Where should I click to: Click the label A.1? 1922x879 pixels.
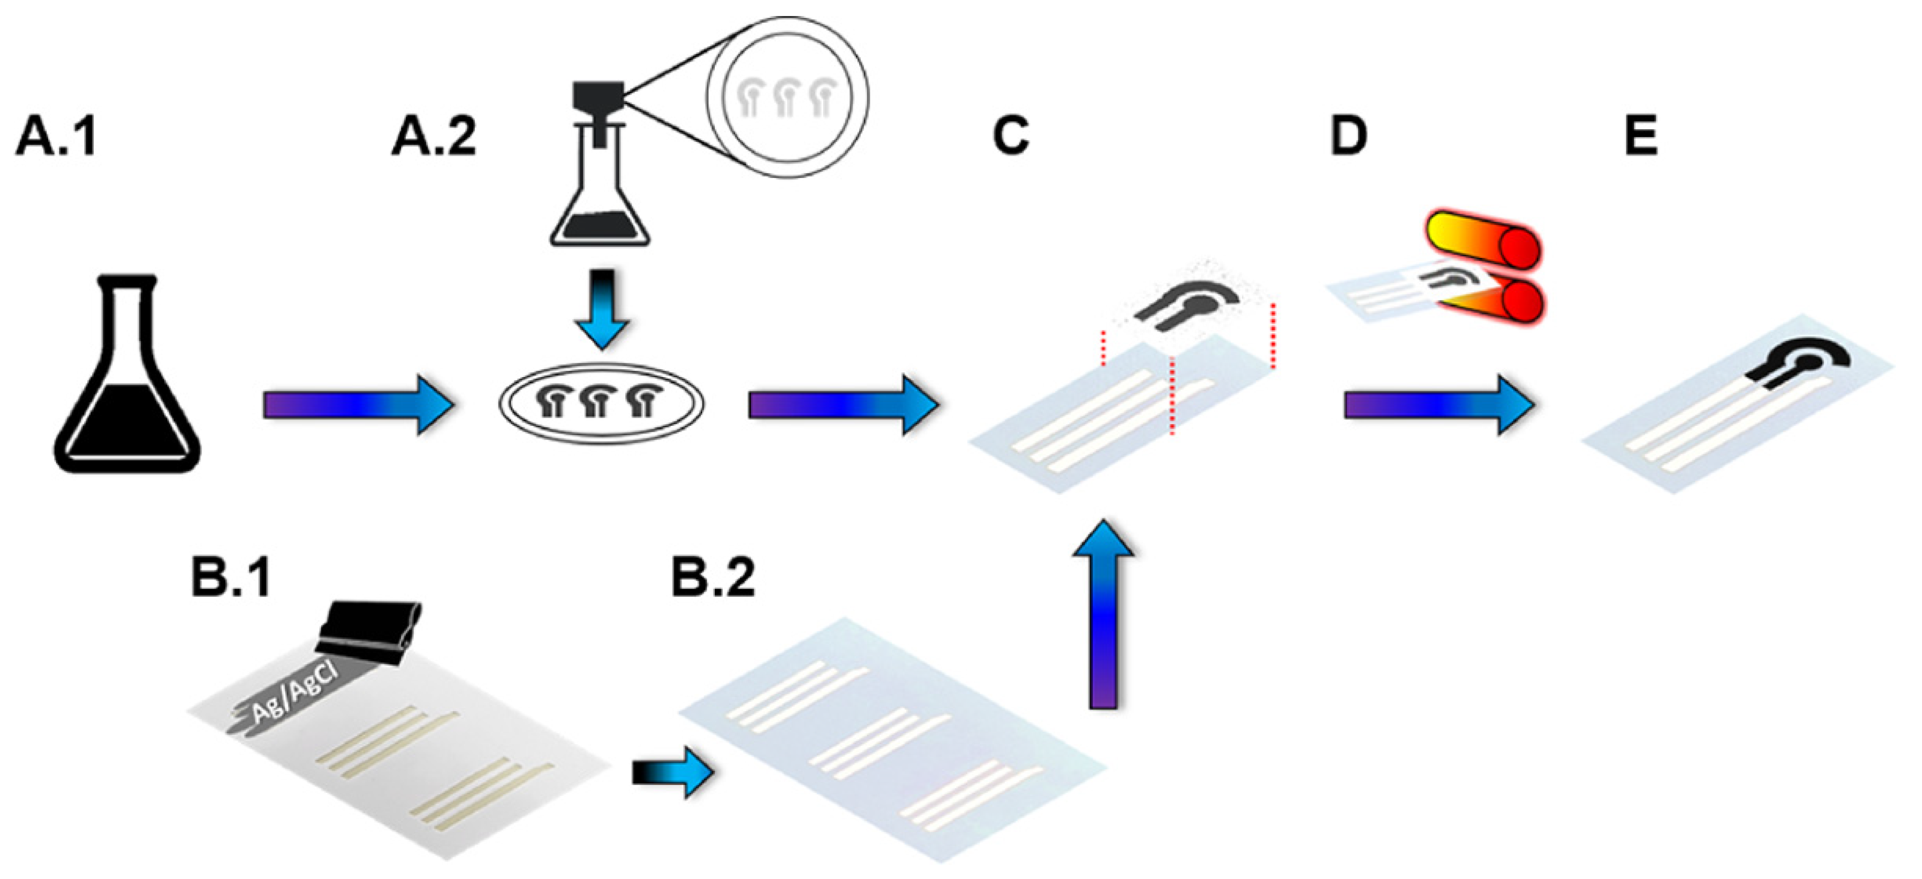[x=56, y=137]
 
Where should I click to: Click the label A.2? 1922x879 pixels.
[x=433, y=137]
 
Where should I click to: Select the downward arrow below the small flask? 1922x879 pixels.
[x=602, y=309]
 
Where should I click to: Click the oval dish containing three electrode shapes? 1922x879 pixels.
[x=602, y=403]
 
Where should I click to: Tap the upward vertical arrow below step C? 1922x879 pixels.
[x=1103, y=616]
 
